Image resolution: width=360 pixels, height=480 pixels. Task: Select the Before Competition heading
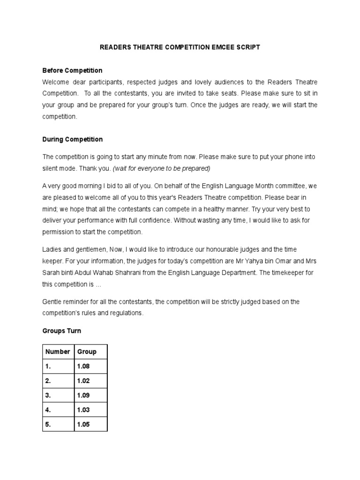tap(72, 70)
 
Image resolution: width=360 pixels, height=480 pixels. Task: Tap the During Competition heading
tap(72, 139)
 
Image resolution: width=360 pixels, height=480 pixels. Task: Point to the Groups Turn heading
tap(61, 330)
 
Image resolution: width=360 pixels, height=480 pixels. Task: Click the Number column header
tap(58, 352)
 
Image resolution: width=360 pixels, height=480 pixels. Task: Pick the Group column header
tap(87, 352)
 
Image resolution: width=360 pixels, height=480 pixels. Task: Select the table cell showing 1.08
tap(83, 366)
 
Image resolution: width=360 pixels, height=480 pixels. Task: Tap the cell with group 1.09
tap(83, 395)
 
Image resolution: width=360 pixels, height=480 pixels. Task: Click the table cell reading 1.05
tap(83, 424)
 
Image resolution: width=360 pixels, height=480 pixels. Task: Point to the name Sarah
tap(52, 272)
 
